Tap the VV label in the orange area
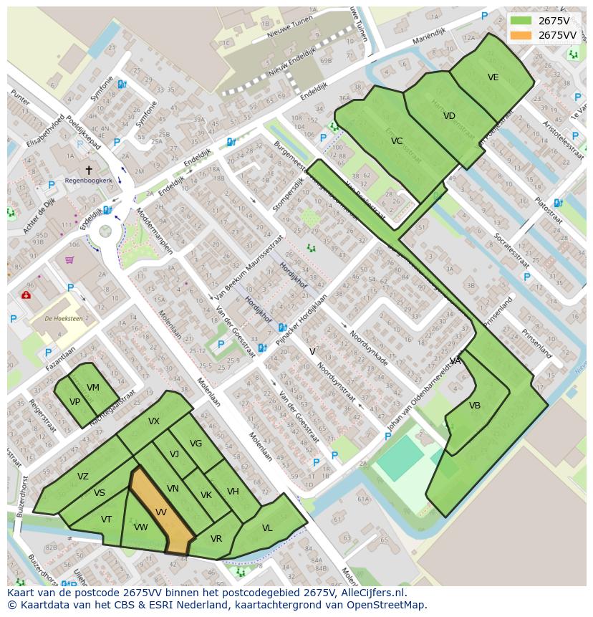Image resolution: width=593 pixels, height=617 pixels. (161, 512)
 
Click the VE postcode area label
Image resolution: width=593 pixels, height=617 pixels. (493, 77)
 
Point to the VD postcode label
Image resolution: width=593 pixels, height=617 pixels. (449, 116)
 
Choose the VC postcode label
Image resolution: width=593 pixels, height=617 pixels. (397, 141)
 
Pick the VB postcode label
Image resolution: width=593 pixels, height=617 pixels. (475, 406)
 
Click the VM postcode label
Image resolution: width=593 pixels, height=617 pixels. (93, 388)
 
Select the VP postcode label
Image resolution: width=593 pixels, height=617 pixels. (74, 402)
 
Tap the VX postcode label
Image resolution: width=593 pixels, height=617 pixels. (154, 421)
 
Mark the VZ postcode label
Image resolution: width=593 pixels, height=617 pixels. (83, 477)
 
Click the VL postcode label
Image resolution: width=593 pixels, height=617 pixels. (267, 528)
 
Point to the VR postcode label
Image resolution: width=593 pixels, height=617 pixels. (216, 539)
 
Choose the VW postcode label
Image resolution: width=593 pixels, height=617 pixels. (140, 527)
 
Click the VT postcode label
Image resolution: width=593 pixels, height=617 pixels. (106, 520)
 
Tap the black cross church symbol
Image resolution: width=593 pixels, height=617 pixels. (89, 170)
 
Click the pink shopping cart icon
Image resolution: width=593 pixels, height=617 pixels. (69, 259)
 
